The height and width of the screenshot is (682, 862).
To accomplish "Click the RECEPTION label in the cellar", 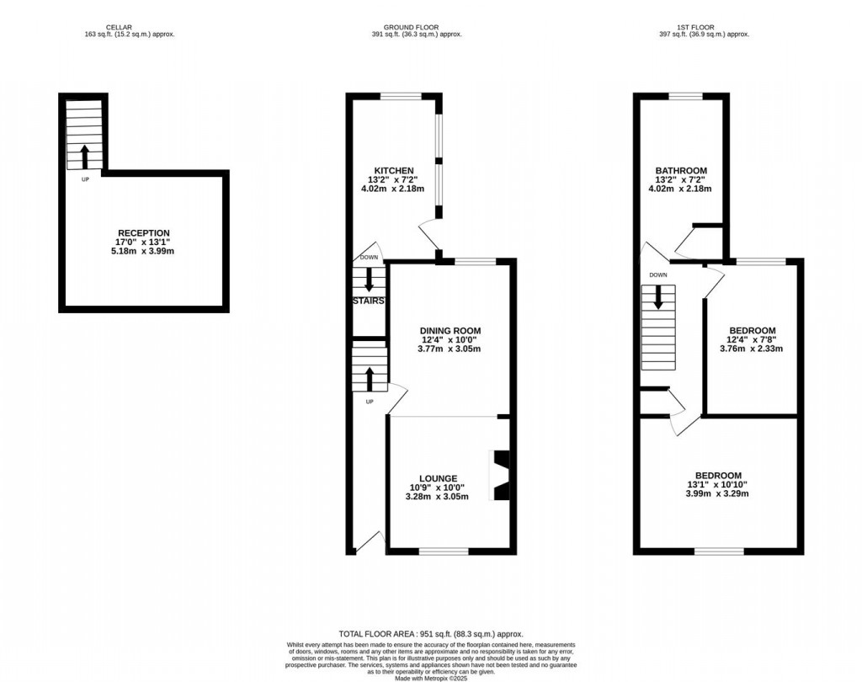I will coord(143,233).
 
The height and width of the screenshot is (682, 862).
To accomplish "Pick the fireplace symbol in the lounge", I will coord(500,475).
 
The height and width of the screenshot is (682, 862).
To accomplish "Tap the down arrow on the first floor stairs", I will coord(658,296).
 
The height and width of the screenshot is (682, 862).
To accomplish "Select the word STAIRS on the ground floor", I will coord(369,301).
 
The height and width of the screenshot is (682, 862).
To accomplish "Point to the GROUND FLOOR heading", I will coord(411,27).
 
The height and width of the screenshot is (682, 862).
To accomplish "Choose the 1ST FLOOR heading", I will coord(703,27).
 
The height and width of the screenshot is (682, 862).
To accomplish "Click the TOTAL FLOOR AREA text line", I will coord(430,634).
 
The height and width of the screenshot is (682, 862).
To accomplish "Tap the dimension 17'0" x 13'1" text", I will coord(143,242).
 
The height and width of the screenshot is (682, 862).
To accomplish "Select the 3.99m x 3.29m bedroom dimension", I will coord(718,493).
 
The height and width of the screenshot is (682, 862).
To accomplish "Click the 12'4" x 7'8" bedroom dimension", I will coord(752,339).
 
